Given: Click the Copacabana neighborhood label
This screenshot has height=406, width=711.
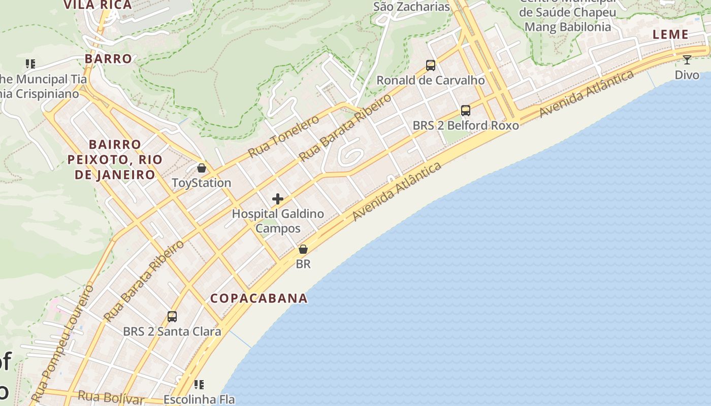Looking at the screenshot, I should pyautogui.click(x=259, y=298).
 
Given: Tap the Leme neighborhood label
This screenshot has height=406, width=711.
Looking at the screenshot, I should pyautogui.click(x=670, y=35).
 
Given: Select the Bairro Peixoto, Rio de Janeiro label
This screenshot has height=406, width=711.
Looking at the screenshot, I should pyautogui.click(x=115, y=160).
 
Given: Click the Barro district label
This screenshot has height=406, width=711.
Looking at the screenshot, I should pyautogui.click(x=109, y=58).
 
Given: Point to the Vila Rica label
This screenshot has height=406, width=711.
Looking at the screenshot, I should pyautogui.click(x=98, y=5).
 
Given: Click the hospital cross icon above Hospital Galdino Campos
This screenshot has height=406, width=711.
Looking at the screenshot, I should pyautogui.click(x=278, y=199).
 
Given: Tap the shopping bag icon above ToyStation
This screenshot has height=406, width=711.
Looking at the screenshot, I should pyautogui.click(x=202, y=168).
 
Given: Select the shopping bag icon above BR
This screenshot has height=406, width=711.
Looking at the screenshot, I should pyautogui.click(x=303, y=249).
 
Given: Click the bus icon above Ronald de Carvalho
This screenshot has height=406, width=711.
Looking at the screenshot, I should pyautogui.click(x=431, y=65).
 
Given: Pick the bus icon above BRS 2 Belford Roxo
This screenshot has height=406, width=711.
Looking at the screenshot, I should pyautogui.click(x=466, y=110).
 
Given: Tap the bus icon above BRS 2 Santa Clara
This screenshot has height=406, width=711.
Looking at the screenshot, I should pyautogui.click(x=172, y=317).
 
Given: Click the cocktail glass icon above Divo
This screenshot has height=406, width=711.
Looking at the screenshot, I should pyautogui.click(x=687, y=60).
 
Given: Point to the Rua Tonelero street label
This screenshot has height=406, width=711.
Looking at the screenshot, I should pyautogui.click(x=283, y=137).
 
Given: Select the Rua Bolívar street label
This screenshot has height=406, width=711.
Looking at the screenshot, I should pyautogui.click(x=111, y=397).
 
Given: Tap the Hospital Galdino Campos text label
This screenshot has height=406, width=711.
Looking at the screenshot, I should pyautogui.click(x=278, y=221).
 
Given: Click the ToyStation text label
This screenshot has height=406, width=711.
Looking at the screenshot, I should pyautogui.click(x=202, y=183).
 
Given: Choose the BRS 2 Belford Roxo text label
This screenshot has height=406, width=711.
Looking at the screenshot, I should pyautogui.click(x=466, y=125).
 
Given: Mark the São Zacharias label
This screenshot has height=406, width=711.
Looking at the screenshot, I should pyautogui.click(x=411, y=7).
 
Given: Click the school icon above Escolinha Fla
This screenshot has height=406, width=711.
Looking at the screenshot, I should pyautogui.click(x=199, y=385).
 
